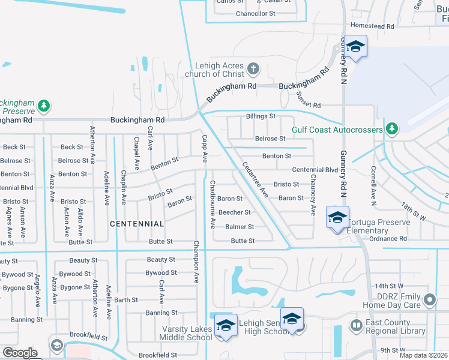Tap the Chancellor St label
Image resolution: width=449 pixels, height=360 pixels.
pos(255,13)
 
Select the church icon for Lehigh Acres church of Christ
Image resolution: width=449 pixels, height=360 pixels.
pos(253,68)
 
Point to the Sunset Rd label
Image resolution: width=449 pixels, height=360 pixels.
pos(309,104)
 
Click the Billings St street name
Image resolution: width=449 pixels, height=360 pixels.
pos(261,116)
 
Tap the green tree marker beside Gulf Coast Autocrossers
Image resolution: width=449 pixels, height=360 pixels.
pos(392,127)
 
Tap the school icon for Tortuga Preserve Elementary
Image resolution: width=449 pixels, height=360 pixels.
pos(337,217)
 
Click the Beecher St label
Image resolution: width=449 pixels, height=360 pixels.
pos(234,212)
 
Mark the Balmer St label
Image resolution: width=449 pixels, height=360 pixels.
pos(240,227)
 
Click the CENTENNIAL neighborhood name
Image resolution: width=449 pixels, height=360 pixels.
pos(137,224)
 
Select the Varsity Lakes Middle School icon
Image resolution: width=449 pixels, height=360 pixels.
pos(226,325)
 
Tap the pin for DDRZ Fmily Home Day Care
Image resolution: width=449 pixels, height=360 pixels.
pos(429,299)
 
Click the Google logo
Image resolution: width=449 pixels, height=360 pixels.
pos(20,353)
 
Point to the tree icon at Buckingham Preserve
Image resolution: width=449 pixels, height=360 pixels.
pos(44,106)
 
